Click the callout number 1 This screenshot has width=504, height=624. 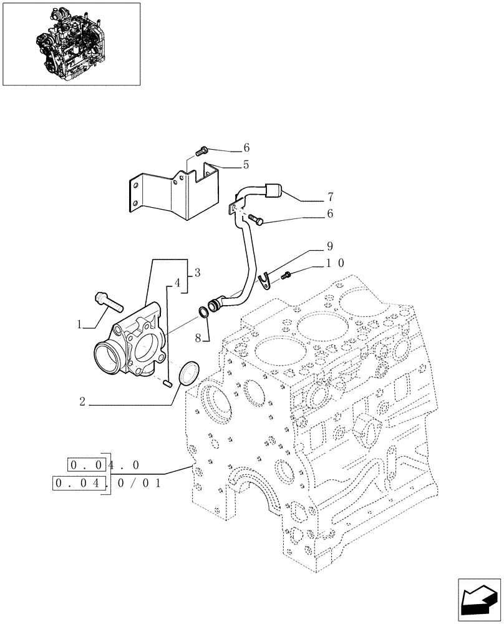(x=80, y=324)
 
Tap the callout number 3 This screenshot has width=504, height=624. (x=196, y=272)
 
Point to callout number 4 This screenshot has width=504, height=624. (x=177, y=283)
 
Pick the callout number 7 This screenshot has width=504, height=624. (x=329, y=197)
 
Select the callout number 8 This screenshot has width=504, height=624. (x=198, y=338)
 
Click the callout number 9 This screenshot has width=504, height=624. (x=329, y=246)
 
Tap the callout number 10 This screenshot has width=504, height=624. (x=334, y=264)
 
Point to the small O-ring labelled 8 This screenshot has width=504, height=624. (x=204, y=312)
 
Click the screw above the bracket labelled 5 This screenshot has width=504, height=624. (x=201, y=150)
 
